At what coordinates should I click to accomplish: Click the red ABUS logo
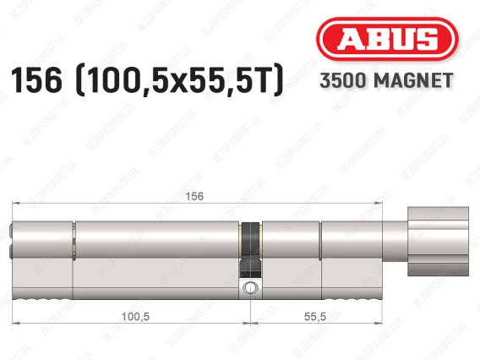tap(385, 41)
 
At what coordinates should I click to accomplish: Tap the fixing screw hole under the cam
tap(251, 289)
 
